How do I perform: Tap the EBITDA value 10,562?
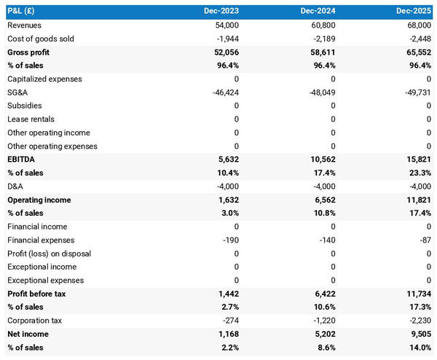point(321,160)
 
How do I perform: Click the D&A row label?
point(17,187)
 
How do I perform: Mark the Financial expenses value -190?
point(230,240)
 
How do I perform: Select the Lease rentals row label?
point(31,120)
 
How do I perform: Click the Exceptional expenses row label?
point(45,281)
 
